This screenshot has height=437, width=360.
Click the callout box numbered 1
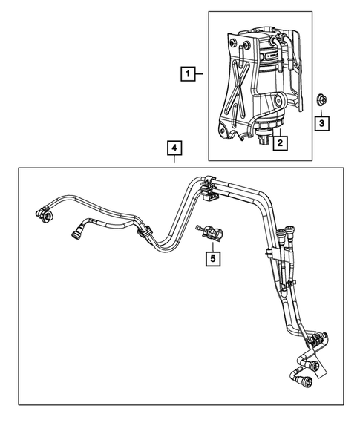tap(189, 73)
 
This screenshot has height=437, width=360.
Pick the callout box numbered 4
tap(173, 150)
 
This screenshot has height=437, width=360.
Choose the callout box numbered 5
tap(213, 258)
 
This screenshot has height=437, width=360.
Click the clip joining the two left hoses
tap(142, 234)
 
